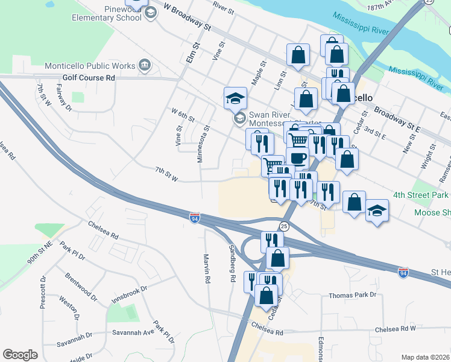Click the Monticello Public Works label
90,65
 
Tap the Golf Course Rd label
89,78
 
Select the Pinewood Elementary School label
106,13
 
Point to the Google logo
20,355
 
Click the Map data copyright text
424,357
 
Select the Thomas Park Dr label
352,295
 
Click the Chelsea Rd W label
396,329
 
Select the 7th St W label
166,174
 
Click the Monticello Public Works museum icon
145,65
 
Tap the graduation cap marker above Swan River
235,98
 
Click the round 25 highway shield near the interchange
285,226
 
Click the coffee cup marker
297,158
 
